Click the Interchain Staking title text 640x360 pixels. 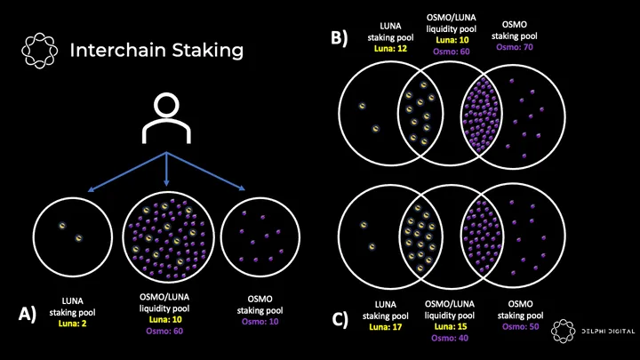pos(156,50)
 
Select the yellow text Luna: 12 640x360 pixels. pos(366,50)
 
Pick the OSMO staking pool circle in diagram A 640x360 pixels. pos(260,235)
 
